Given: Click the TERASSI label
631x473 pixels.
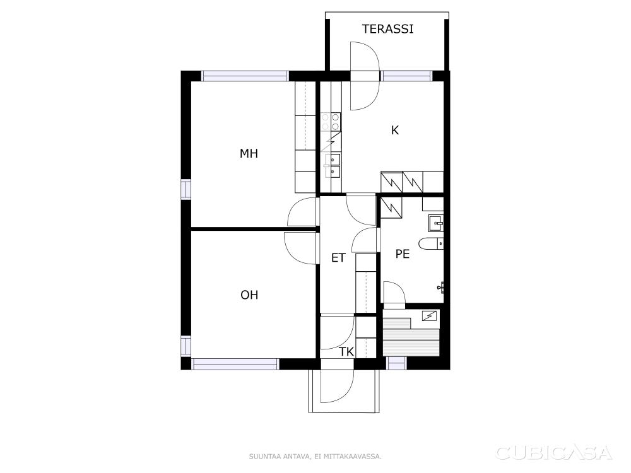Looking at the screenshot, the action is tap(387, 29).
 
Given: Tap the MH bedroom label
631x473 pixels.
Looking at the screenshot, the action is tap(249, 153).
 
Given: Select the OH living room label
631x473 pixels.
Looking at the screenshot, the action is tap(249, 295).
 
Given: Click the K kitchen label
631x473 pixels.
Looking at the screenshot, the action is tap(395, 131).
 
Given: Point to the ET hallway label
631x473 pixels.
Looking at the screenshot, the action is tap(338, 258).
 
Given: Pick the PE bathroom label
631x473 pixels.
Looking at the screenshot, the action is tap(403, 254).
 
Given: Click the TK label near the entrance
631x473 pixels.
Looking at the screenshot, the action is tap(346, 352).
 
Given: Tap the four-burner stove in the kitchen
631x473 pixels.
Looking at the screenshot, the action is tap(331, 122).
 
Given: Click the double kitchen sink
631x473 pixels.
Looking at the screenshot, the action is tap(333, 165).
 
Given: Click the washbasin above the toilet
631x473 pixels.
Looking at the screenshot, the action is tap(436, 223).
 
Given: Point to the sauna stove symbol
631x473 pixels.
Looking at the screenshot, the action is tap(429, 316).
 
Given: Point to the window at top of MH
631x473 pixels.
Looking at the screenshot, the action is tap(245, 76).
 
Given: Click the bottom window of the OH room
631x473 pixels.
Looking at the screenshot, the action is tap(235, 364).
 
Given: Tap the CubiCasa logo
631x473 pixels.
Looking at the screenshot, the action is tap(554, 453).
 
